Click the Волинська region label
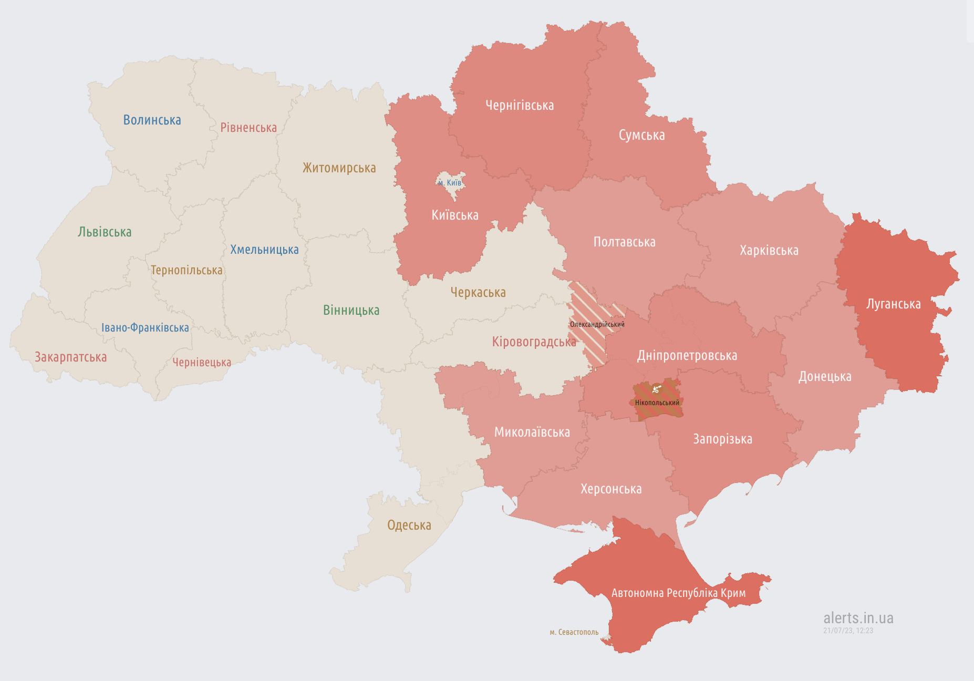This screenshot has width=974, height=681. pos(152,120)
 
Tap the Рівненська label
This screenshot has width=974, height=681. pos(248,128)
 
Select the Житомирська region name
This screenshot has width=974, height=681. pos(339,168)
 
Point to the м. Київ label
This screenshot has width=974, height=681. pos(450,183)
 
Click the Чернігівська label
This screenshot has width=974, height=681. pos(519,106)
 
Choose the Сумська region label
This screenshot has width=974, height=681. pos(641,136)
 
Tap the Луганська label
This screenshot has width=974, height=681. pos(893,304)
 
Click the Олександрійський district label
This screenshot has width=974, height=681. pos(597,325)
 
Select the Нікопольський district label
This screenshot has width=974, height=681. pos(657,403)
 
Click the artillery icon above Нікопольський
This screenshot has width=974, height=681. pos(656,389)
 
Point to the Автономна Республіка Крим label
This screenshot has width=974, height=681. pos(678,593)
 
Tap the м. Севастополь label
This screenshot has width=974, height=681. pos(574,632)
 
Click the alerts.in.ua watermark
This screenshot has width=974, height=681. pos(858,618)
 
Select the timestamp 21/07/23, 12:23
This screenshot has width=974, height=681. pos(848,631)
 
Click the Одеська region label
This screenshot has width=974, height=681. pos(409,525)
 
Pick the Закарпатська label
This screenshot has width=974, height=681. pos(70,357)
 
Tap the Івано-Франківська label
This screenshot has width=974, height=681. pos(145,328)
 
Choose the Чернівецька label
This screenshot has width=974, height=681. pos(202,363)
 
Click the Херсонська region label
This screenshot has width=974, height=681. pos(611,489)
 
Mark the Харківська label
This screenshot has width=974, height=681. pos(769,251)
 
